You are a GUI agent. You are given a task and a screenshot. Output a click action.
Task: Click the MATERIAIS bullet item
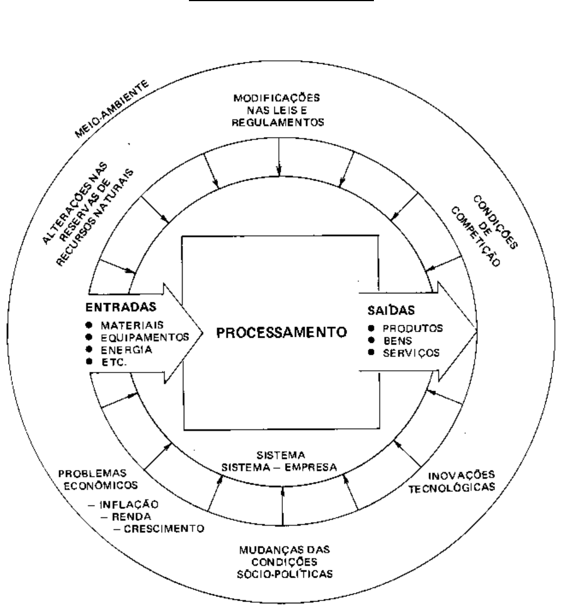(x=128, y=325)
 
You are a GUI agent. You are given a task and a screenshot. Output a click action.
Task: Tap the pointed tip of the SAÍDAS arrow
(x=476, y=332)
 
